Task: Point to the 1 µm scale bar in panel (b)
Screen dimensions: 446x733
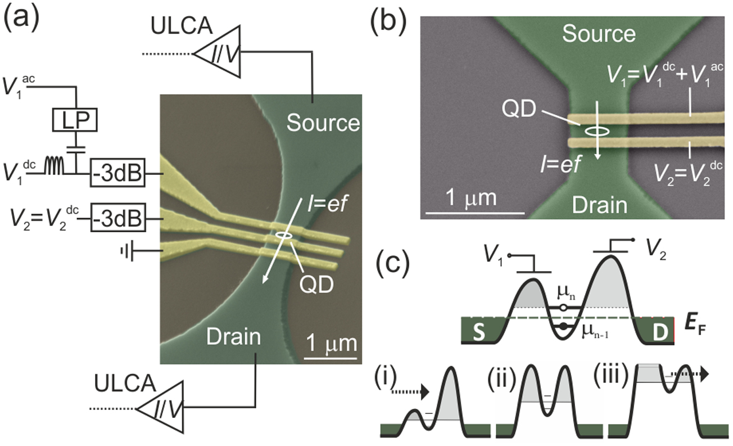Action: pos(474,213)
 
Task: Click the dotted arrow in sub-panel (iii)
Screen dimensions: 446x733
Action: pos(692,373)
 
